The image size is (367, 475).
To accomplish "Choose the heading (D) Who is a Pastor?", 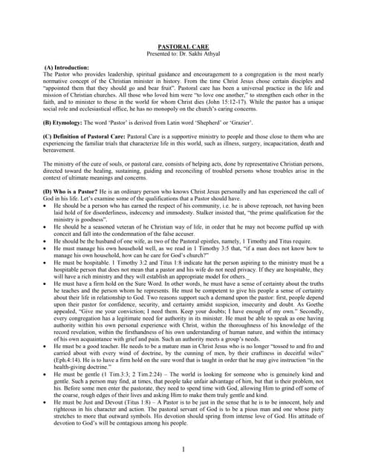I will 79,191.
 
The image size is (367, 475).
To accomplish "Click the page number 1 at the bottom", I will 183,450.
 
